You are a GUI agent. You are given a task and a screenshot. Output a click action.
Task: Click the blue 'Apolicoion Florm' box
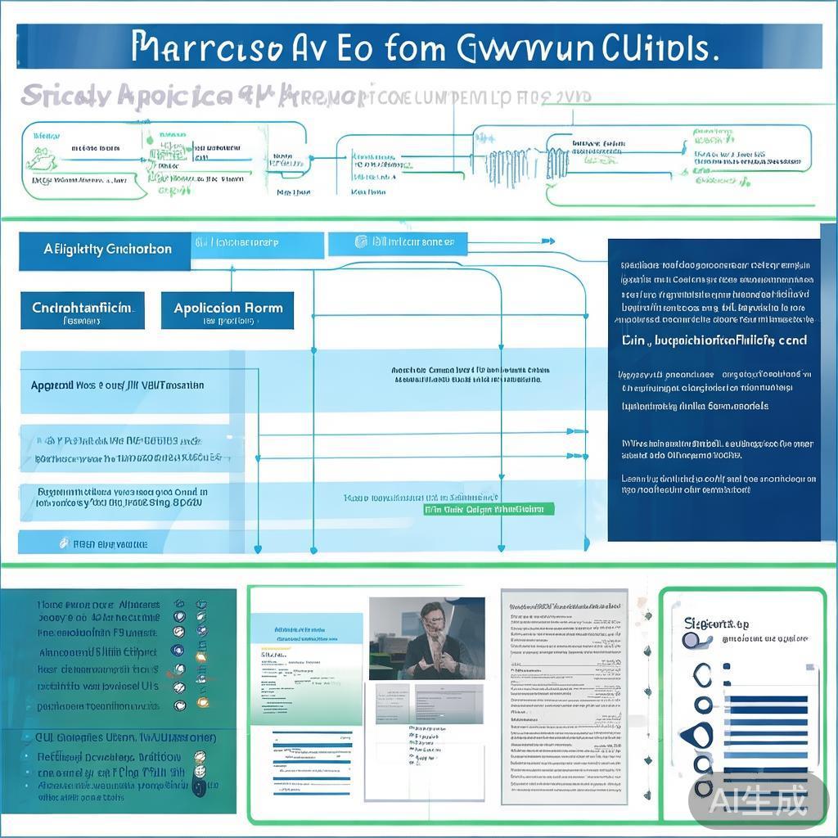pos(228,311)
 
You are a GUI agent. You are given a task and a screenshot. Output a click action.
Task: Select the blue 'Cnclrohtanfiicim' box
pos(82,311)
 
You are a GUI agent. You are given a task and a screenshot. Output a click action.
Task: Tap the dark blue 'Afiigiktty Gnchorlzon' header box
pos(104,250)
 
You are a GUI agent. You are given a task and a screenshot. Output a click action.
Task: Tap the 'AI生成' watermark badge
pos(758,800)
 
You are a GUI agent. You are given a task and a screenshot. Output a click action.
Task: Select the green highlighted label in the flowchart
pos(489,509)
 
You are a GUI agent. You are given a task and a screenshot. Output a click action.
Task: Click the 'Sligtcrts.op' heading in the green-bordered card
pos(716,624)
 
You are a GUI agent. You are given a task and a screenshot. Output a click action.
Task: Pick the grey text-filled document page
pos(560,696)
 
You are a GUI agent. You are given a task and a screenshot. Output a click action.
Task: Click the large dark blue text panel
pos(714,390)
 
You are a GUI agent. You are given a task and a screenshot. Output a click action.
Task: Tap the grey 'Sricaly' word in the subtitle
pos(66,97)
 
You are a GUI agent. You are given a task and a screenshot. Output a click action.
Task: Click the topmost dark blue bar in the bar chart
pos(768,701)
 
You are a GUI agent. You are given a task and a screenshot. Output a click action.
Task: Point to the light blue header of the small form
pos(306,628)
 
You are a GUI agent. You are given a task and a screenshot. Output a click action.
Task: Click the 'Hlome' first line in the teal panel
pos(98,604)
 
